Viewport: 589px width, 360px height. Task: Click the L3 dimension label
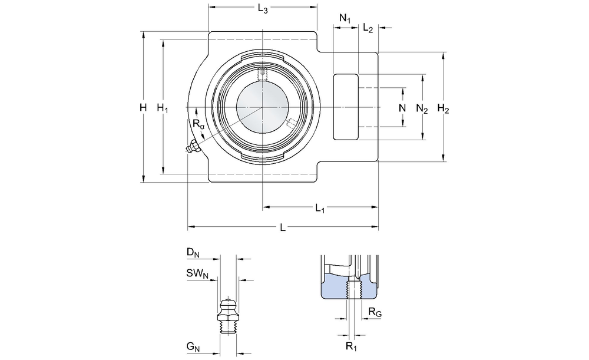pos(263,9)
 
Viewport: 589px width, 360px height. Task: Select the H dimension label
pos(143,108)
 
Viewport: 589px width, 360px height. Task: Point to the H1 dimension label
pos(163,108)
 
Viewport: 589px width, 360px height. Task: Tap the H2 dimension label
pos(444,108)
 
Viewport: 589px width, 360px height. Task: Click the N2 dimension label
pos(422,108)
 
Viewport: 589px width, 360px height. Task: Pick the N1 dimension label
pos(345,18)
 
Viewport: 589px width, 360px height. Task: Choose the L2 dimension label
pos(368,28)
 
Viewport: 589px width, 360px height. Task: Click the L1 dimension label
pos(320,208)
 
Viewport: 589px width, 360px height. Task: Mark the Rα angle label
pos(198,124)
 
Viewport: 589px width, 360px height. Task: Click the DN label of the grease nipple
pos(193,253)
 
